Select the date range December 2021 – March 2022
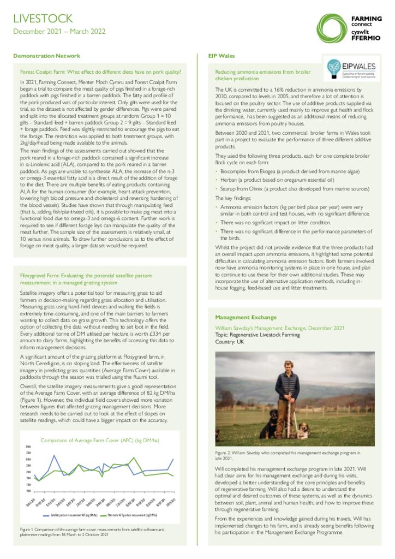pyautogui.click(x=59, y=32)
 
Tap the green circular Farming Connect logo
pyautogui.click(x=331, y=26)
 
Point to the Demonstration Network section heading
pyautogui.click(x=46, y=56)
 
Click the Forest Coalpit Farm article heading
pyautogui.click(x=100, y=72)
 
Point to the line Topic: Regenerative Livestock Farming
pyautogui.click(x=257, y=335)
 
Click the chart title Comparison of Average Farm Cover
pyautogui.click(x=100, y=440)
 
